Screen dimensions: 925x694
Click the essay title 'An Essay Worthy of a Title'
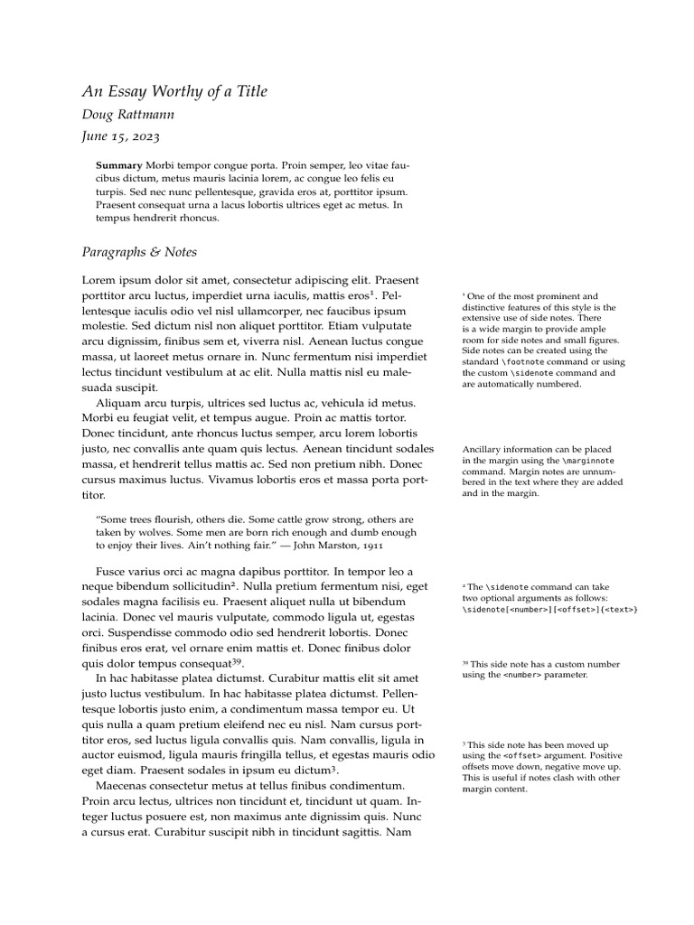(x=174, y=91)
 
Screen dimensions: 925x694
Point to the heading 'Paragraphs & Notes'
(x=139, y=252)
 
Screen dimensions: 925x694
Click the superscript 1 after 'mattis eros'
(x=373, y=291)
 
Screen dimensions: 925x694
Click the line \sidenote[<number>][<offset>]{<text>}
(x=549, y=610)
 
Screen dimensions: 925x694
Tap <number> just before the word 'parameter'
(x=525, y=675)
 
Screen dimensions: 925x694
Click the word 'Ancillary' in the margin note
(x=483, y=449)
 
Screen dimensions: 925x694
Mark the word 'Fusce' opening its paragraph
(x=113, y=572)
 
